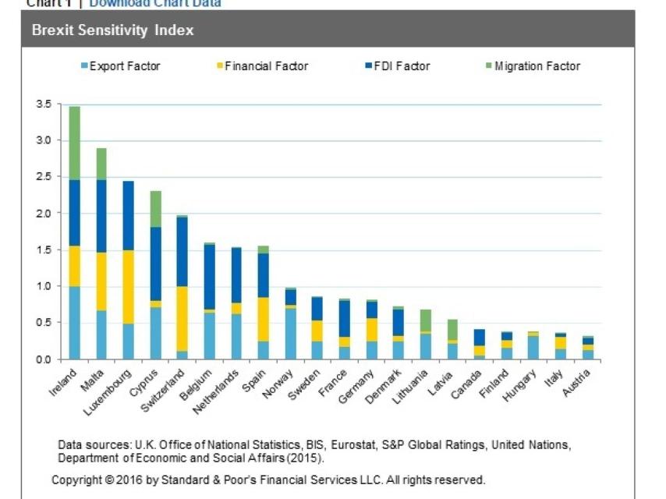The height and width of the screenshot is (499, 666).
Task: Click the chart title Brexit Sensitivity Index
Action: tap(112, 31)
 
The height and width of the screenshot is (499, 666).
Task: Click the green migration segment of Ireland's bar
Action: tap(75, 143)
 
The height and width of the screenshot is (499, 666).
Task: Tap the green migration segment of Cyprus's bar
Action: tap(156, 209)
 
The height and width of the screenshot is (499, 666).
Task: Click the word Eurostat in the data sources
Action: tap(350, 445)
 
